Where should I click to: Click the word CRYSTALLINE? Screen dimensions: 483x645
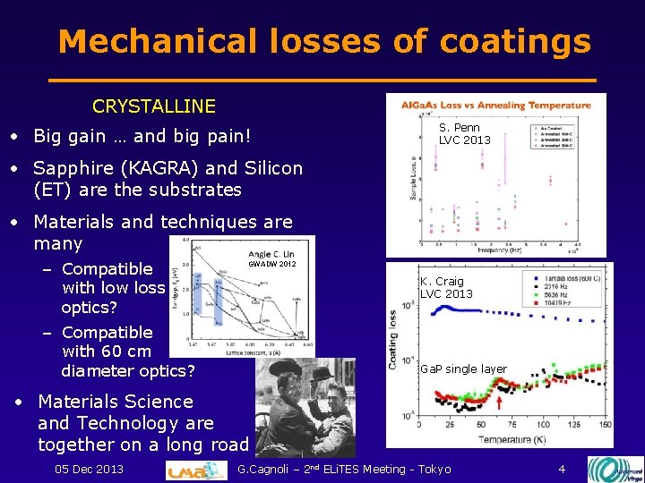[153, 106]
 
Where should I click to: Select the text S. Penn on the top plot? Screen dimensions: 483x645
[460, 128]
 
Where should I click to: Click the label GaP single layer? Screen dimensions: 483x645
[464, 369]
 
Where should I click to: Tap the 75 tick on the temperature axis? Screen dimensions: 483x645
[509, 425]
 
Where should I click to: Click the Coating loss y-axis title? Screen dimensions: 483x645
[393, 341]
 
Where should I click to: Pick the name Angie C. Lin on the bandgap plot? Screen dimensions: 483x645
[271, 254]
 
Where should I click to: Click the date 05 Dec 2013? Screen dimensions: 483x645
[89, 469]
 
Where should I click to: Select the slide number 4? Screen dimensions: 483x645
[562, 469]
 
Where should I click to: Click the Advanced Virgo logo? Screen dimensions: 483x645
[615, 469]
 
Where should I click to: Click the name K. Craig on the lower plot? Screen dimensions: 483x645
[442, 282]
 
